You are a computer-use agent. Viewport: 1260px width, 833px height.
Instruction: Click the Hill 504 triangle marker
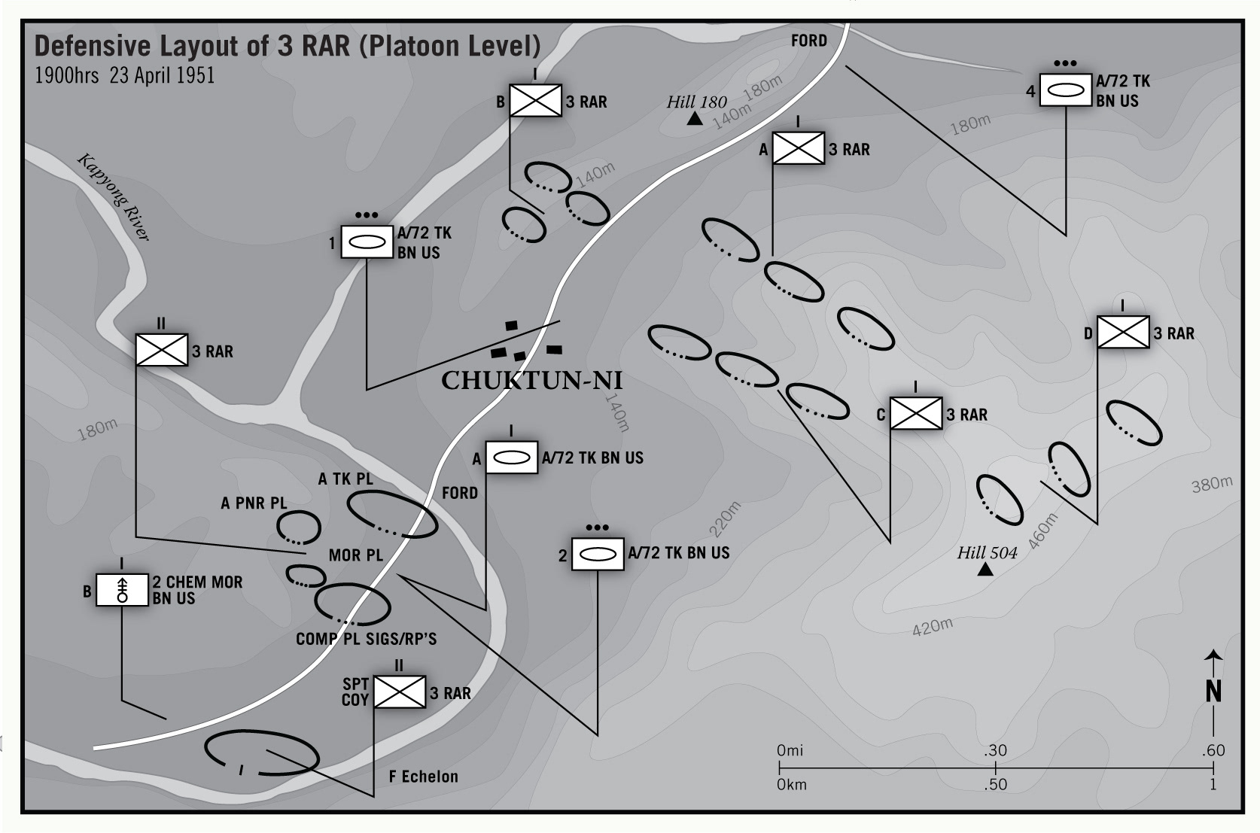(985, 570)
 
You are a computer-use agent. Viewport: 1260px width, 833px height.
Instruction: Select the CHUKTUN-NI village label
(531, 381)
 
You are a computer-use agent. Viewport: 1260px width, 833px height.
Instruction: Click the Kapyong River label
(114, 197)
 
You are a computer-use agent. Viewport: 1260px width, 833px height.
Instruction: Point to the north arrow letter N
(1213, 692)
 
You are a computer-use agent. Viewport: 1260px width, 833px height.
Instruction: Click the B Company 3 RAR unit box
(535, 101)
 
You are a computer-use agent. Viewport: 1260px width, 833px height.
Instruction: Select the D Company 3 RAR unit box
(1122, 333)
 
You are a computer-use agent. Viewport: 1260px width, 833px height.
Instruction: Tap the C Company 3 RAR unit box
(915, 414)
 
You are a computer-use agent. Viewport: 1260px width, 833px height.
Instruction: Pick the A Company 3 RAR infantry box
(798, 148)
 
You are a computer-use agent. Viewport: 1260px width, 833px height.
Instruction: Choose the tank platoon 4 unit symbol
(1065, 90)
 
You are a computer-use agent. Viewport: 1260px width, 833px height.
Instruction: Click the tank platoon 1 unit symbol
(367, 242)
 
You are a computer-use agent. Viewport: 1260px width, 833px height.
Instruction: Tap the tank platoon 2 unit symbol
(598, 554)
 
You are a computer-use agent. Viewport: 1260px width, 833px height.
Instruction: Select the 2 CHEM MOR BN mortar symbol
(121, 590)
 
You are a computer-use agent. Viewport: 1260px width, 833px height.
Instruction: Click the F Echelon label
(423, 777)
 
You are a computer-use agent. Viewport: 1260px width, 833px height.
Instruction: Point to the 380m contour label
(1212, 485)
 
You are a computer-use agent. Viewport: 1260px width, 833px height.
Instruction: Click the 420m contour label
(932, 626)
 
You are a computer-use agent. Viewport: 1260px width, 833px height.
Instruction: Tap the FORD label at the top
(808, 41)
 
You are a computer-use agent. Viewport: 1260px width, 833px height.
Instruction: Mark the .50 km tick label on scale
(995, 784)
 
